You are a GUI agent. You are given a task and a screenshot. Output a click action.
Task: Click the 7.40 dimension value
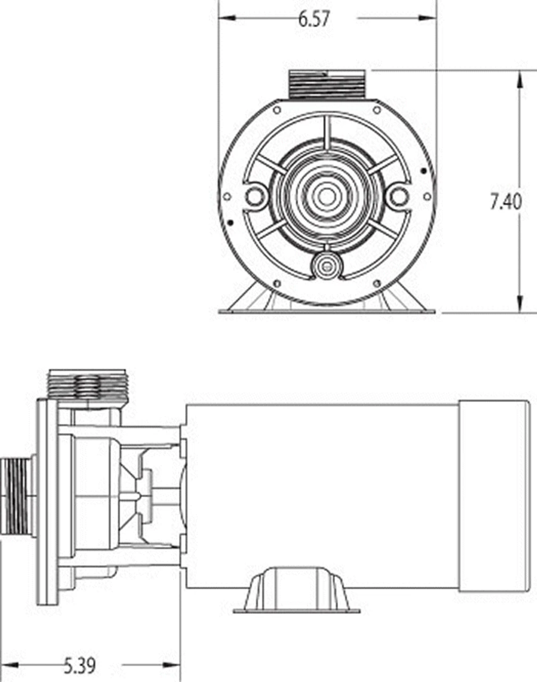506,202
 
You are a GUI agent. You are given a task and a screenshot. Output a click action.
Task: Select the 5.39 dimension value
80,665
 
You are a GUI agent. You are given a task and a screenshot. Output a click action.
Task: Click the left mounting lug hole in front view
256,196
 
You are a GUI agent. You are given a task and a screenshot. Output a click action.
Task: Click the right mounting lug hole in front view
396,196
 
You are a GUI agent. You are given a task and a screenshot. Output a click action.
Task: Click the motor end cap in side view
493,496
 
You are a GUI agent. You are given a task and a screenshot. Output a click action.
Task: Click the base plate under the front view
326,310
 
